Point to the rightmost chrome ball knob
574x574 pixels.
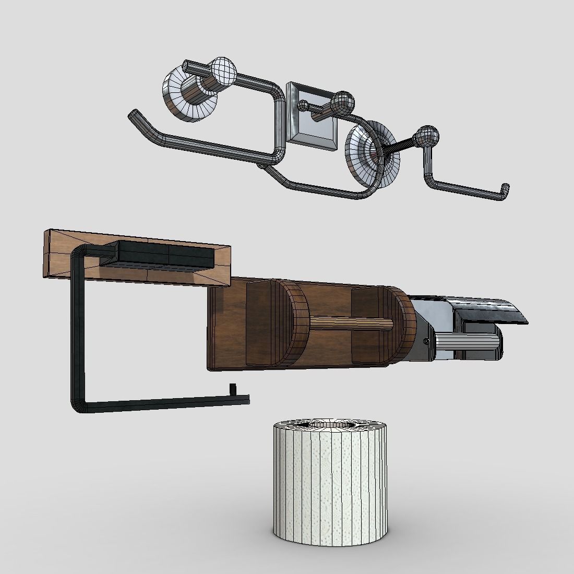click(426, 136)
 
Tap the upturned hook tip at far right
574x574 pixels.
click(505, 189)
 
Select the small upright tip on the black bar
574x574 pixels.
click(233, 390)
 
